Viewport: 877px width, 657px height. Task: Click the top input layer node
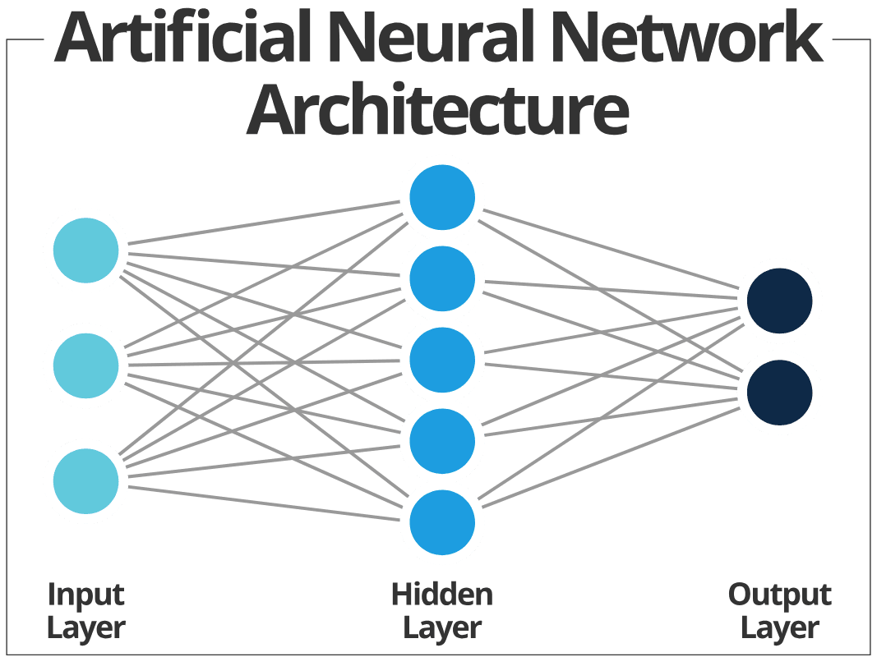[85, 250]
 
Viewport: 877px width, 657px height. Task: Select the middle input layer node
[85, 365]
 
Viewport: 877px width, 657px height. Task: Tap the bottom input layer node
[85, 480]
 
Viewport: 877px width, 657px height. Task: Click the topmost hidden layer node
[442, 198]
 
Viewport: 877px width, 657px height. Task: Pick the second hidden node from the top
[442, 279]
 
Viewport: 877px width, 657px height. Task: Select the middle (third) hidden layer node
[442, 360]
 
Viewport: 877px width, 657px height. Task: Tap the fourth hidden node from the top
[442, 441]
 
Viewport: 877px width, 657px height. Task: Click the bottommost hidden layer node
[442, 522]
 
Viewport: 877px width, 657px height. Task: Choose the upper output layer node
[779, 301]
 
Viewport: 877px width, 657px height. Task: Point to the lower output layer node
[779, 392]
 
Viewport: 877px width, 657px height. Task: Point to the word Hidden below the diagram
[442, 594]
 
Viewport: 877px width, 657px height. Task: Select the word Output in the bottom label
[780, 595]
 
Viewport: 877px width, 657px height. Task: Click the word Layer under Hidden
[442, 628]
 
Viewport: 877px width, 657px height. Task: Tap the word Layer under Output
[780, 628]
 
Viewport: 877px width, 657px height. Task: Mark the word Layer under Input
[85, 628]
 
